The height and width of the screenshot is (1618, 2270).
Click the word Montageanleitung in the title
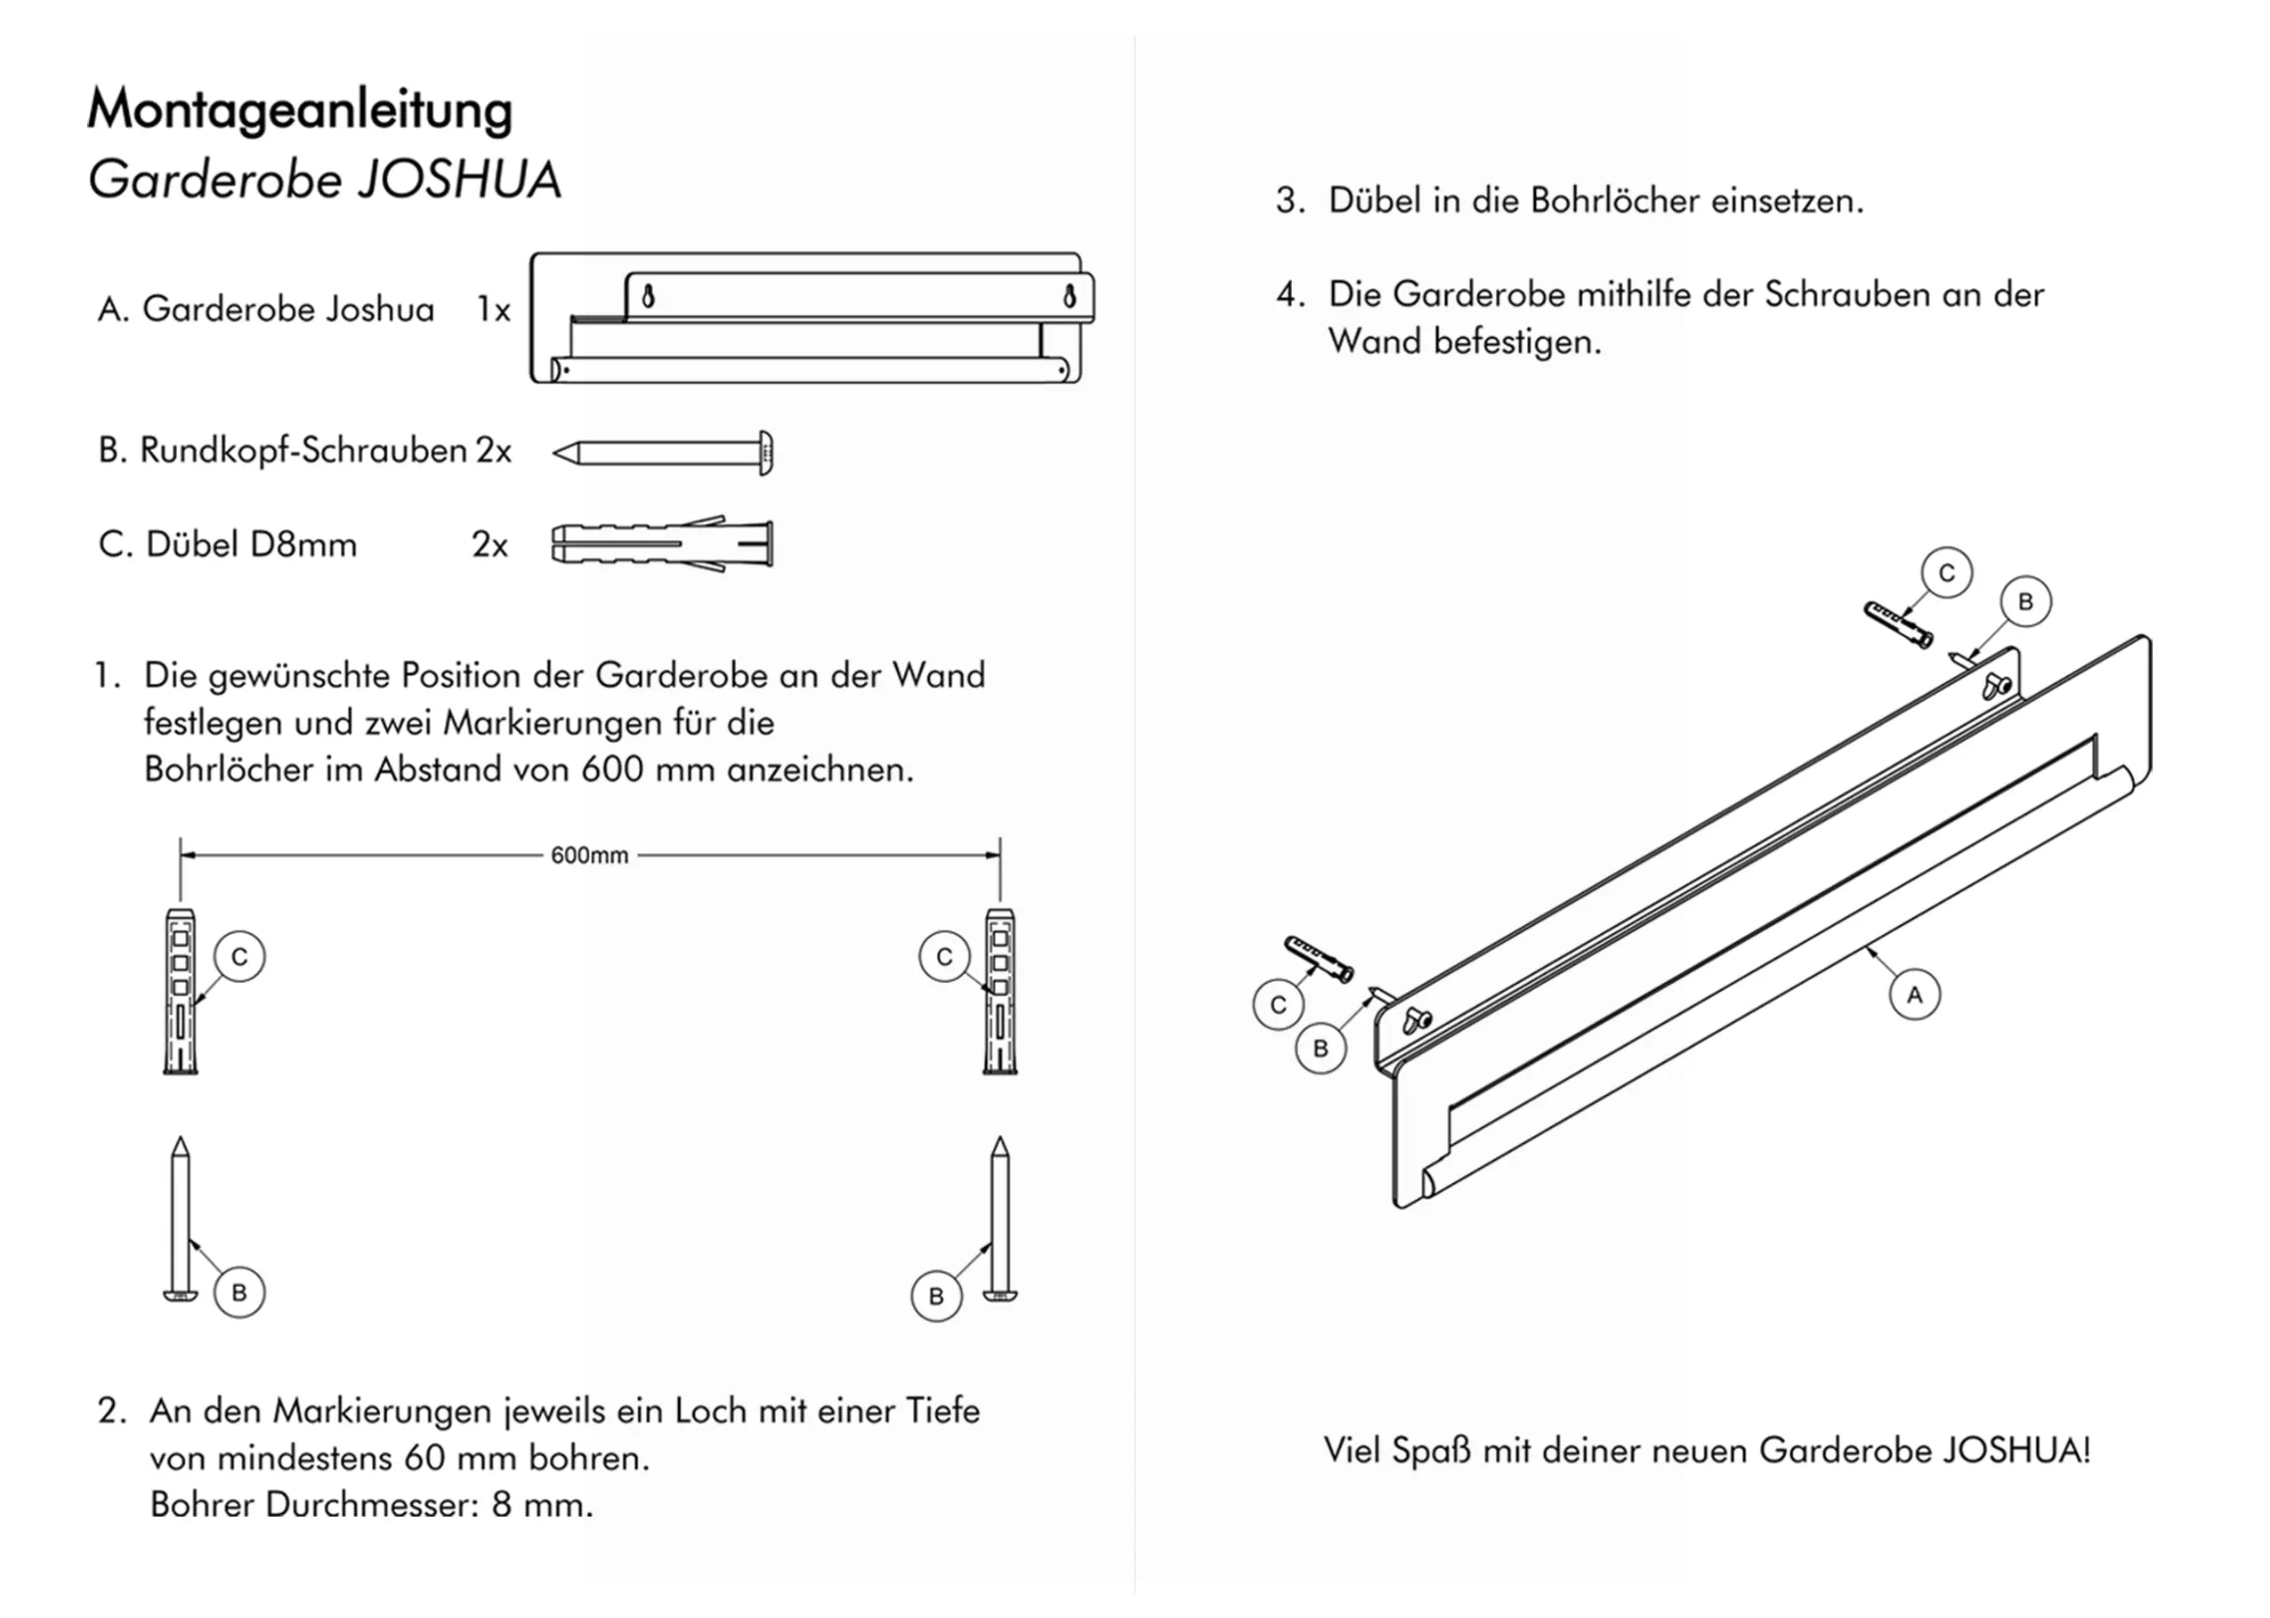[299, 109]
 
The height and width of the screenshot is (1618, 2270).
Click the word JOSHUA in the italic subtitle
[458, 181]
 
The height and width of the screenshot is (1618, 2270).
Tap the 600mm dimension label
[589, 856]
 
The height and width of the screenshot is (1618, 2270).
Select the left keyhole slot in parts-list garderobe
[649, 296]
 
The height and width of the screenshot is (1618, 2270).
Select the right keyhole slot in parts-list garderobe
[1070, 296]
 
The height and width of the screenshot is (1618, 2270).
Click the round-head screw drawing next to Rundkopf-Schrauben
[664, 454]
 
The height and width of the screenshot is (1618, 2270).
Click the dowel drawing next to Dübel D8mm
[663, 544]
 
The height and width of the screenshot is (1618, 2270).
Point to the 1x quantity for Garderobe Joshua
[493, 310]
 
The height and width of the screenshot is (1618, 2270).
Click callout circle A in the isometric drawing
[1913, 994]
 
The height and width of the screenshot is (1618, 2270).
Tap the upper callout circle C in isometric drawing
[1946, 573]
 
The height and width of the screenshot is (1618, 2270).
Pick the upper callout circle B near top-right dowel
[2025, 602]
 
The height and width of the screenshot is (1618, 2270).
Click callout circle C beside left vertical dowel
[239, 956]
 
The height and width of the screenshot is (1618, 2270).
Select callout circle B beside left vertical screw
[239, 1292]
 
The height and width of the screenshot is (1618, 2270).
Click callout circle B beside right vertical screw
[936, 1296]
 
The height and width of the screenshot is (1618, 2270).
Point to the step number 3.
[1288, 201]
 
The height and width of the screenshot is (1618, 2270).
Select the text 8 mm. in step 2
[542, 1504]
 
